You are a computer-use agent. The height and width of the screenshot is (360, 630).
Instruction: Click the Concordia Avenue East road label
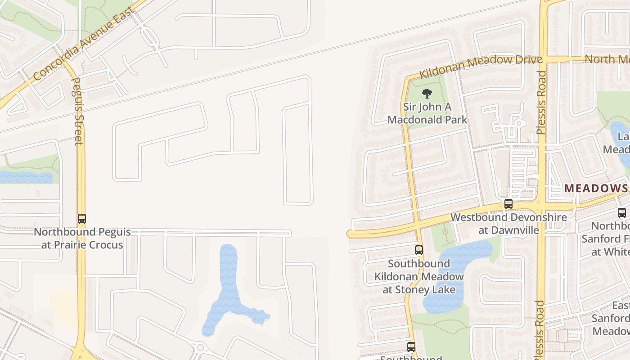(84, 44)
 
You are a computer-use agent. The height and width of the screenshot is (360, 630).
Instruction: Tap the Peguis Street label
(77, 111)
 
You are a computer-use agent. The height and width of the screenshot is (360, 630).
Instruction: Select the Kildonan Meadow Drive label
(481, 67)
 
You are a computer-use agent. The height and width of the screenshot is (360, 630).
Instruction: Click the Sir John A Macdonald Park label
(427, 113)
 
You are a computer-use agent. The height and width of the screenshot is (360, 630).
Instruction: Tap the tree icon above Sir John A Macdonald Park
(427, 94)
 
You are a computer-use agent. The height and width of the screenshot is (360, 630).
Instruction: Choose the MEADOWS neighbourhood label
(596, 188)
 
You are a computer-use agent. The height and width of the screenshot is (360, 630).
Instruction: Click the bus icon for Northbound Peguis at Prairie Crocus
(81, 219)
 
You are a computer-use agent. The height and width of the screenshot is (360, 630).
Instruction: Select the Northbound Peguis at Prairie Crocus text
(82, 238)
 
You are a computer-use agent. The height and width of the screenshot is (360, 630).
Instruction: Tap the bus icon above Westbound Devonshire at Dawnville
(508, 204)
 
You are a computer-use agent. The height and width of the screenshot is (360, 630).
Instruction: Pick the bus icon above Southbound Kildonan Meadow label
(419, 250)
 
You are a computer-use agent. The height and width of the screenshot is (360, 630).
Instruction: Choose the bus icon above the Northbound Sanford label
(622, 213)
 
